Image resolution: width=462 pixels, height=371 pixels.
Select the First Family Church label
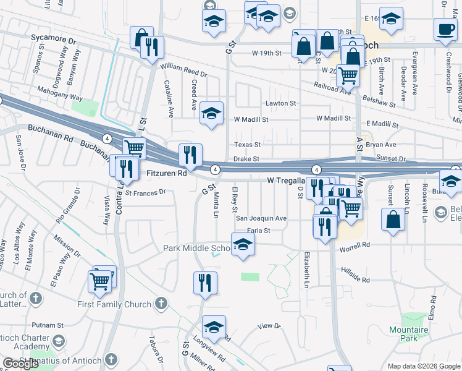click(x=114, y=304)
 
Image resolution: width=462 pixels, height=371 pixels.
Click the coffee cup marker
click(x=445, y=28)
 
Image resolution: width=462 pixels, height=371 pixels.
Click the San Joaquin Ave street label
click(x=261, y=218)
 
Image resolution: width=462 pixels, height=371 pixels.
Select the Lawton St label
click(x=281, y=103)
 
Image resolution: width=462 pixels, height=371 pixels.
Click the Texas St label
click(x=247, y=145)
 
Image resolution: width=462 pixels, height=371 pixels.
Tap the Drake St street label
click(x=246, y=159)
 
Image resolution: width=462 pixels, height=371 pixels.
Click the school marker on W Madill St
click(x=211, y=114)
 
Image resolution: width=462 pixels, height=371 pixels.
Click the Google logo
click(x=21, y=364)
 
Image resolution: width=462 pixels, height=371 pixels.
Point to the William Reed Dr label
click(x=183, y=70)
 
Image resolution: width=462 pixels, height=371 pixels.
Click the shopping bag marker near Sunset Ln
click(x=393, y=220)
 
